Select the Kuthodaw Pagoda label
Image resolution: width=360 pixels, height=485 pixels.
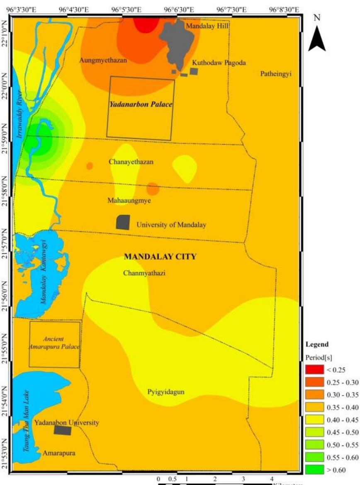219,63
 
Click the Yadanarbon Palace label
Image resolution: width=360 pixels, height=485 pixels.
140,104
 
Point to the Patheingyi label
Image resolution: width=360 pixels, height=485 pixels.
276,74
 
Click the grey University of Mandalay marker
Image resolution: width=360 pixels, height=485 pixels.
123,222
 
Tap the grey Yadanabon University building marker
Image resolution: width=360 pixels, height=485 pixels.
63,430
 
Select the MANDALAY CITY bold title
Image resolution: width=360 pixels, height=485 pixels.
160,257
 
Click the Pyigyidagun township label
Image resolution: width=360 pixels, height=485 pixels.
166,392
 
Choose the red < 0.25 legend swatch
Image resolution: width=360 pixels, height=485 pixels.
314,370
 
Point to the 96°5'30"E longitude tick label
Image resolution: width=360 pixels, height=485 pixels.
127,10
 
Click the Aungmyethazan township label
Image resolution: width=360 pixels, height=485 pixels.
103,61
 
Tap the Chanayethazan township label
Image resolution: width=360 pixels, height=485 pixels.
131,162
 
